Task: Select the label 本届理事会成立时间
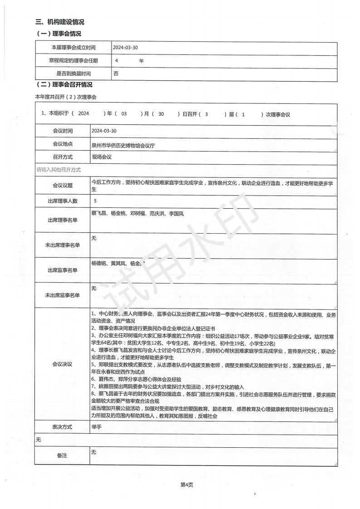coord(73,48)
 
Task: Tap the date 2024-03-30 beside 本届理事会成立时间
coord(126,48)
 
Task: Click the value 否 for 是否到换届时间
coord(116,73)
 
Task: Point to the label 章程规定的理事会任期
coord(73,60)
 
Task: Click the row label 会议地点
coord(63,144)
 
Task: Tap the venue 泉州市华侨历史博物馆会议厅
coord(125,145)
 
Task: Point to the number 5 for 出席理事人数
coord(95,200)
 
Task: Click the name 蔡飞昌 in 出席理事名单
coord(98,213)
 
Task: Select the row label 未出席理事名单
coord(63,245)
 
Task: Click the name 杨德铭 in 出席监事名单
coord(98,263)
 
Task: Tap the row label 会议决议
coord(63,364)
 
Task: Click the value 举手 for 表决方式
coord(96,427)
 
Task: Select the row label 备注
coord(63,455)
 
